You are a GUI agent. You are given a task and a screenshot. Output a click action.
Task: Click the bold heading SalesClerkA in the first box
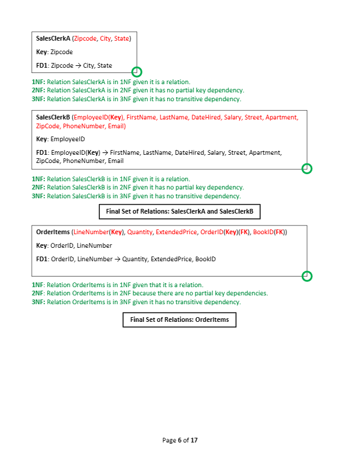tap(53, 38)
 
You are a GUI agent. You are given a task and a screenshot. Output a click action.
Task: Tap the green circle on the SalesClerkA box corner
tap(136, 72)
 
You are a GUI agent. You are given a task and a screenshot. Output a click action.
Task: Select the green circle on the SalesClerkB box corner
tap(306, 169)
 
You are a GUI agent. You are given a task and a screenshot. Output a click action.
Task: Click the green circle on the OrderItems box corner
tap(306, 276)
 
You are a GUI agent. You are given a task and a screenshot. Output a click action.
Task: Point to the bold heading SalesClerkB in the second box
tap(53, 117)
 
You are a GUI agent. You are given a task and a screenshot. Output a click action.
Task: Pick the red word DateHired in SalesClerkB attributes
tap(205, 117)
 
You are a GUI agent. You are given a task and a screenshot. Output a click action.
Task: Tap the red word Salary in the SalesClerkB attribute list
tap(233, 117)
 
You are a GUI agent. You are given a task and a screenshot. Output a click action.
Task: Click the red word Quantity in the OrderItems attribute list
tap(140, 232)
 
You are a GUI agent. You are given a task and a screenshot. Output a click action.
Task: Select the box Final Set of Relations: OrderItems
tap(179, 319)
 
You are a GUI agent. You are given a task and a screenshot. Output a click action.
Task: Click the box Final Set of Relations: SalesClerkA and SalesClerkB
tap(179, 211)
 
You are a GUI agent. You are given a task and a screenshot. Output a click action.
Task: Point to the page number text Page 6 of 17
tap(180, 440)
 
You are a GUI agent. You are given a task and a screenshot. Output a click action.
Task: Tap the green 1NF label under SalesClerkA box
tap(38, 82)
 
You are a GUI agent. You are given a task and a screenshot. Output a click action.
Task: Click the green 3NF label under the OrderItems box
tap(38, 302)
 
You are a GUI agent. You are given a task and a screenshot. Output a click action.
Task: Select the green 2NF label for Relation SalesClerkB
tap(38, 187)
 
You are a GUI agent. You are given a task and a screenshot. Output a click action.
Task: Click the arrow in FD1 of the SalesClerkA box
tap(78, 65)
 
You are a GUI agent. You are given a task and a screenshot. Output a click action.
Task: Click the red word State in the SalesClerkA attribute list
tap(122, 38)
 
